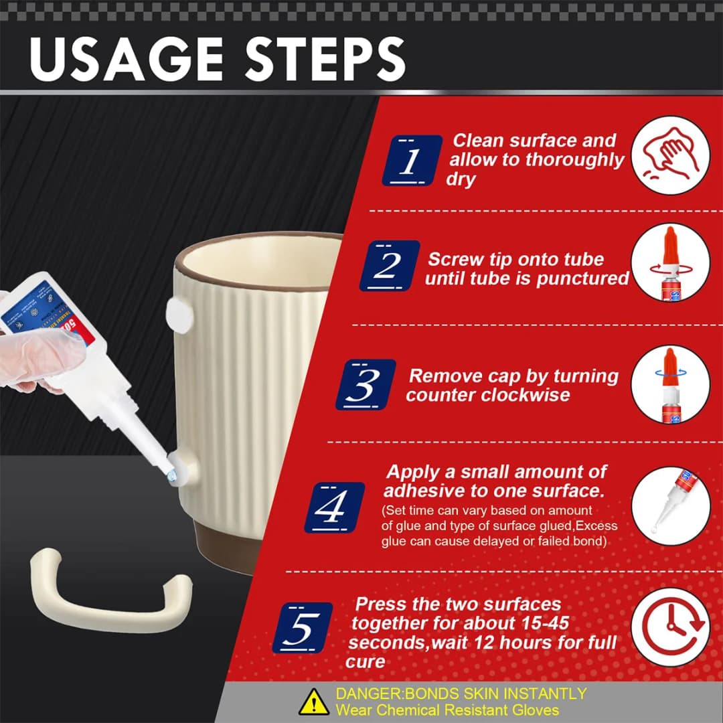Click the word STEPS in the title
(325, 59)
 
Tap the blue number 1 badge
(412, 161)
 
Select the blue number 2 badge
(390, 266)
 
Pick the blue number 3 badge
(366, 384)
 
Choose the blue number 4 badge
(334, 507)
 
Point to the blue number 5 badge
(303, 627)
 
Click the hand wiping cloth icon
(671, 155)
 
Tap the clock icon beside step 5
(671, 627)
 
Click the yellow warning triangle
(314, 702)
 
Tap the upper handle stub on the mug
(179, 315)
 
